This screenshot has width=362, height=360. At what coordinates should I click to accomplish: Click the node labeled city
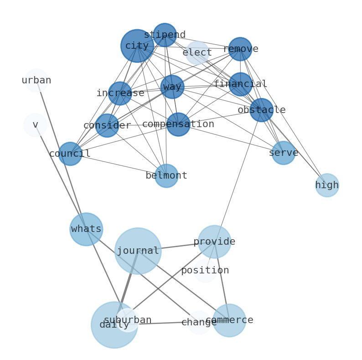(137, 46)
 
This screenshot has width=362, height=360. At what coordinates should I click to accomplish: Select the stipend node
(165, 35)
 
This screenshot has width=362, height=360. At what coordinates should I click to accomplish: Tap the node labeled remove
(240, 49)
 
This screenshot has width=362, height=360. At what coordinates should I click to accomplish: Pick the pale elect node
(197, 53)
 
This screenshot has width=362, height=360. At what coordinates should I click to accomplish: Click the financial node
(240, 84)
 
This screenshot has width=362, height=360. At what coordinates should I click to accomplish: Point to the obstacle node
(261, 110)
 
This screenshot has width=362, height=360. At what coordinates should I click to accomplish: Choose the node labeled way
(172, 87)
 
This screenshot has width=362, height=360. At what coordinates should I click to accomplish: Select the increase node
(120, 93)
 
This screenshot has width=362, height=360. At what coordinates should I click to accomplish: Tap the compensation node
(178, 124)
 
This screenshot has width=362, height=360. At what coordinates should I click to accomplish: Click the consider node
(107, 125)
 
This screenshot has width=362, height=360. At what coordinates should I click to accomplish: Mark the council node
(70, 154)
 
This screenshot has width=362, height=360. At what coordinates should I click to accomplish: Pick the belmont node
(166, 175)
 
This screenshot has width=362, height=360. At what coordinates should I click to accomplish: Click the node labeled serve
(284, 153)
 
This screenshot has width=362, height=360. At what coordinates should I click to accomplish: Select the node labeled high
(327, 185)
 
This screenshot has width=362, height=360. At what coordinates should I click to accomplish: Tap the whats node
(86, 229)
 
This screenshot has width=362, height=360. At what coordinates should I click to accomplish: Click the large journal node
(138, 251)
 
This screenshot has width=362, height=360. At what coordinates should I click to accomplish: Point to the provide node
(214, 242)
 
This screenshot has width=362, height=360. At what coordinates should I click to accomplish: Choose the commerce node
(229, 320)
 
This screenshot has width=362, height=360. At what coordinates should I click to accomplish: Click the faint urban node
(36, 81)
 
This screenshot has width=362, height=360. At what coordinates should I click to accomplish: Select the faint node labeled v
(35, 125)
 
